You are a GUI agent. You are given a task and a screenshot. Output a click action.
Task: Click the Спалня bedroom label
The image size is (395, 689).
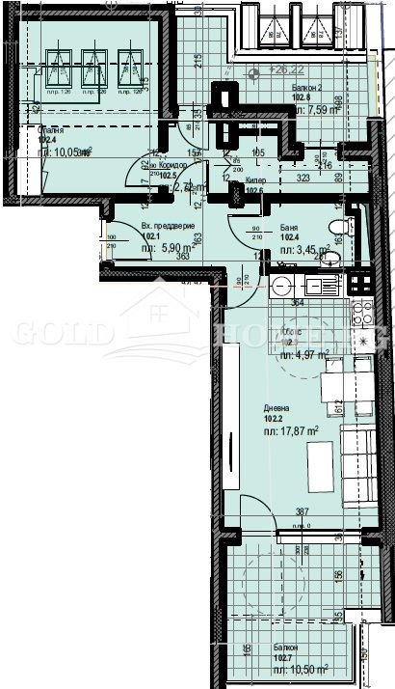point(51,129)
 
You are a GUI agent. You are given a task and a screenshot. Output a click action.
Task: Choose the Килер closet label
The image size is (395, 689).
point(257,180)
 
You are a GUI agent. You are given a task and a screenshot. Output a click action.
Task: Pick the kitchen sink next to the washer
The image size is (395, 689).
point(317,286)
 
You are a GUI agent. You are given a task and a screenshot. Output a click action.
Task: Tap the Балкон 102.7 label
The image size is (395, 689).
point(284,648)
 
